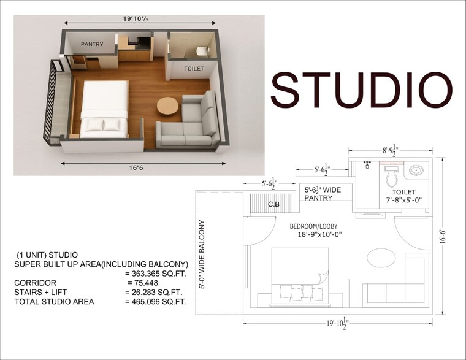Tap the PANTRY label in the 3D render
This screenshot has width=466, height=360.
(x=91, y=44)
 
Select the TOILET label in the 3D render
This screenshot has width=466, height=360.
(x=194, y=69)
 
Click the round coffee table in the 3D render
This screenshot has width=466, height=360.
(x=167, y=106)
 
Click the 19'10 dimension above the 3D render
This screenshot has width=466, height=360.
(x=137, y=18)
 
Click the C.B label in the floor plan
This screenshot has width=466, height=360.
(x=274, y=205)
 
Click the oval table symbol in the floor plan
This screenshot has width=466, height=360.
(x=381, y=258)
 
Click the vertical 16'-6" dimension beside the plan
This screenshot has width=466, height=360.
(x=443, y=236)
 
